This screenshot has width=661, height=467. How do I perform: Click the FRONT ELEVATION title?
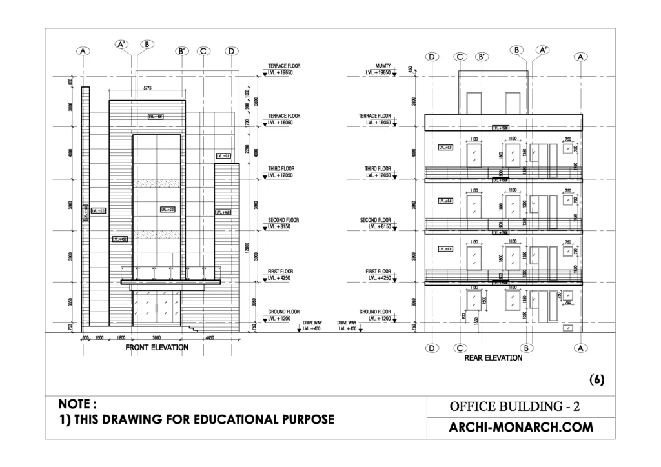pos(157,348)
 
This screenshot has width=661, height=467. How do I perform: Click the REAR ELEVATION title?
pos(493,357)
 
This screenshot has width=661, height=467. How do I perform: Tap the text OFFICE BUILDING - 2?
pos(520,406)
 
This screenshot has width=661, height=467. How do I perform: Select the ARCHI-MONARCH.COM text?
pos(520,427)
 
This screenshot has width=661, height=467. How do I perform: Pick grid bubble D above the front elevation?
pos(232,51)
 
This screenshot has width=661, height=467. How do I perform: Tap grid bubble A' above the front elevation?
pos(122,45)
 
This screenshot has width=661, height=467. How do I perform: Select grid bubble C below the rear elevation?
pos(460,348)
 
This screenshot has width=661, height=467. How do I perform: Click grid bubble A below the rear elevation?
pos(581,348)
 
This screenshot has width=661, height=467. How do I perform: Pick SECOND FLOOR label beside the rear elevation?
pos(376,220)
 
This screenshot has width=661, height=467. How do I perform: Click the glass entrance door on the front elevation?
pos(156,308)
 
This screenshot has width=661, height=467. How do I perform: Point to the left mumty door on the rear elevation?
pos(474,102)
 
